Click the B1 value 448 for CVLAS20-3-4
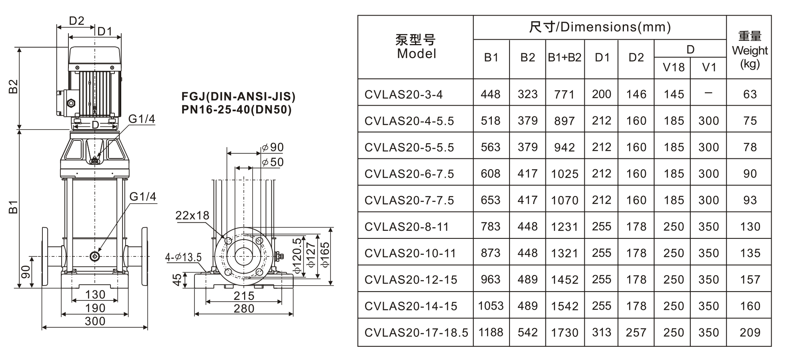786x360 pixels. point(491,94)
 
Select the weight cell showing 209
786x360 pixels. point(750,332)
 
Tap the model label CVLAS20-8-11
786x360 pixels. point(407,227)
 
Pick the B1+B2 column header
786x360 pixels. point(564,58)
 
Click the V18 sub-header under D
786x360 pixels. point(674,67)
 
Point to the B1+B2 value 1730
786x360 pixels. point(564,332)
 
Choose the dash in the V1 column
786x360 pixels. point(708,93)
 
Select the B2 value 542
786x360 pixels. point(527,332)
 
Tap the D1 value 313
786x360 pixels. point(602,332)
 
